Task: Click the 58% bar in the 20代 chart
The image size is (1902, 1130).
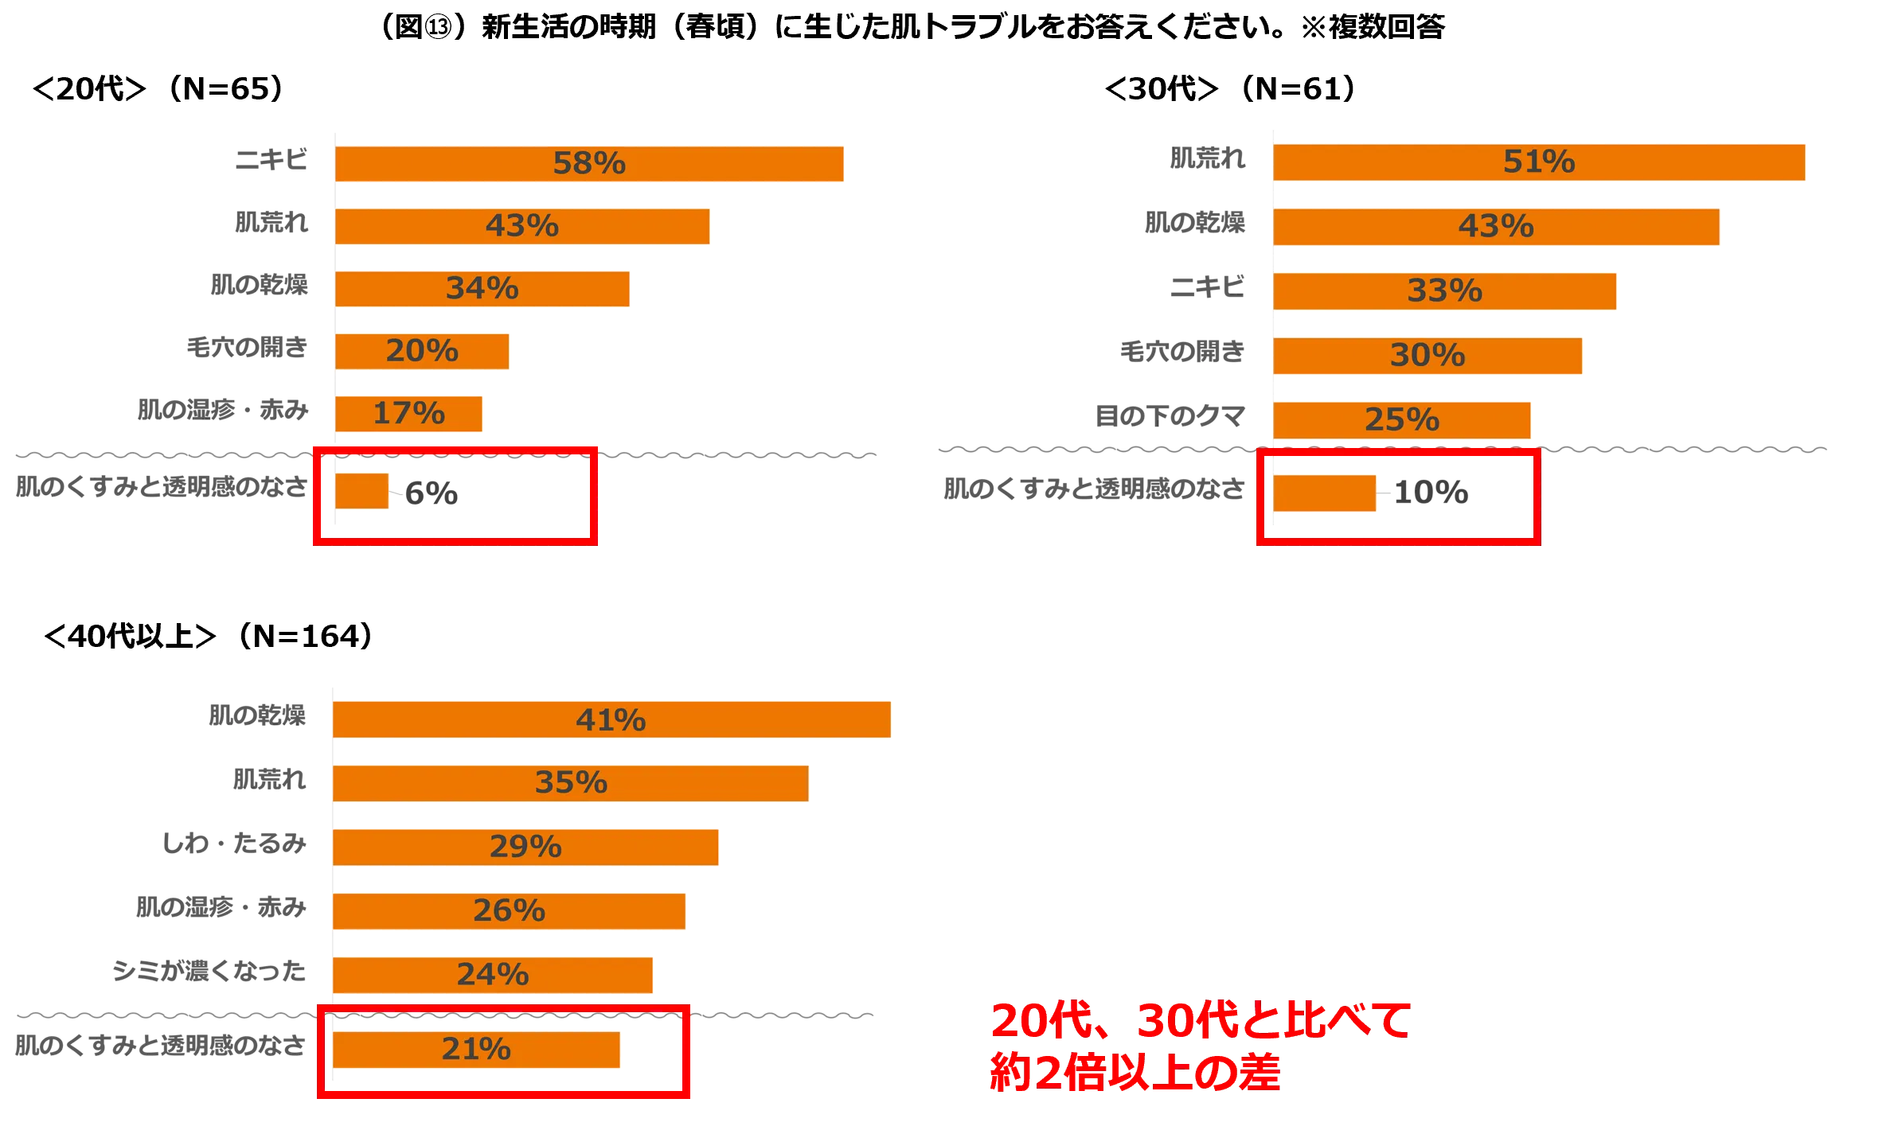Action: (589, 164)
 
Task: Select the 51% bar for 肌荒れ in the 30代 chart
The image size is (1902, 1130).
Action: (1539, 162)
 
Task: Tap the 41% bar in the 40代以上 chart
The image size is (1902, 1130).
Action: (611, 719)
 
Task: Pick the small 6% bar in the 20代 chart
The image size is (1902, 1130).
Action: (361, 491)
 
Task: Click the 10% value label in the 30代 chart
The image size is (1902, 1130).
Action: (1431, 493)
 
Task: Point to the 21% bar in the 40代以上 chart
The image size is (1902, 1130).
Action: (476, 1050)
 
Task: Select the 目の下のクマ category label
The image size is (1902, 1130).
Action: (1170, 415)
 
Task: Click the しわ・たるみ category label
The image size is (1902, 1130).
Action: (234, 843)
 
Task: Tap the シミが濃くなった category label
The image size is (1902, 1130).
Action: (209, 971)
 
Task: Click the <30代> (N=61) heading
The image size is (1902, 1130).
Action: (1230, 88)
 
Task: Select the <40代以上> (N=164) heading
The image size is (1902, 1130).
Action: (208, 636)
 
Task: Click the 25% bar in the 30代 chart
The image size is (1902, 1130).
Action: (1401, 420)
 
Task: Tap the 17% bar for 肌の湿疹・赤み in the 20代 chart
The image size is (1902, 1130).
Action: (408, 414)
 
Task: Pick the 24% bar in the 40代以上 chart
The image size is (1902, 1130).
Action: (492, 975)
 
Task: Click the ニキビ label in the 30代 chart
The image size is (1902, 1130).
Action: (1207, 286)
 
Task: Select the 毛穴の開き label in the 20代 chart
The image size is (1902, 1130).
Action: (247, 347)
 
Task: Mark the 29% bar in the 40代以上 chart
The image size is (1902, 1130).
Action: (525, 847)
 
